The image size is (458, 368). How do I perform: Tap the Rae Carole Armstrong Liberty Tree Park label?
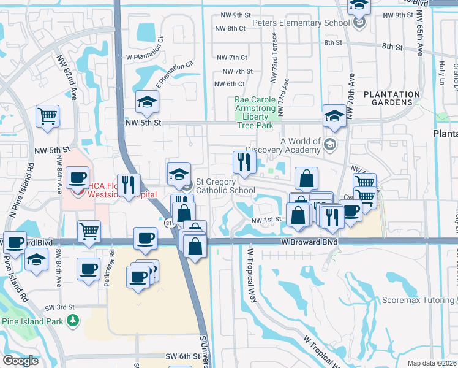(x=255, y=112)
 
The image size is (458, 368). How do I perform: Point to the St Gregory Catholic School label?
(x=225, y=186)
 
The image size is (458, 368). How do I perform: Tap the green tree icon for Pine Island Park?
(x=73, y=320)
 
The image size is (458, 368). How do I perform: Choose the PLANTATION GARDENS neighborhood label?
(x=391, y=99)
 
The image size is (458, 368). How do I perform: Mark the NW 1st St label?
(x=266, y=220)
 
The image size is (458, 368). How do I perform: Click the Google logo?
(x=21, y=361)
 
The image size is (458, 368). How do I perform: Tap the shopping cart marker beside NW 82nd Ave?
(x=47, y=116)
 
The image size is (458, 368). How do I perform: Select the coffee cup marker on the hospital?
(x=77, y=178)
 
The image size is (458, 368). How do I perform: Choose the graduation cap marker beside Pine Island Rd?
(x=36, y=259)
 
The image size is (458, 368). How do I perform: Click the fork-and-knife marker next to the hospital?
(x=129, y=185)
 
